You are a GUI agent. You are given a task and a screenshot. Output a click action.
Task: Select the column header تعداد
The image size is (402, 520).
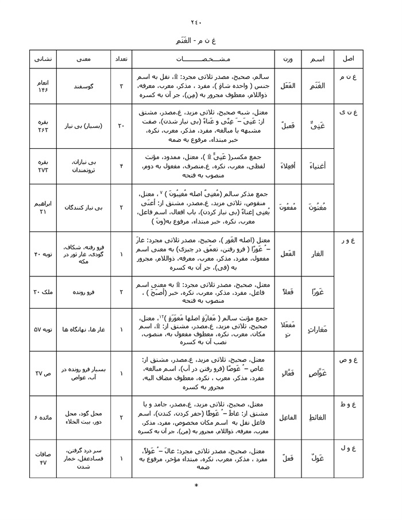click(121, 59)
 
